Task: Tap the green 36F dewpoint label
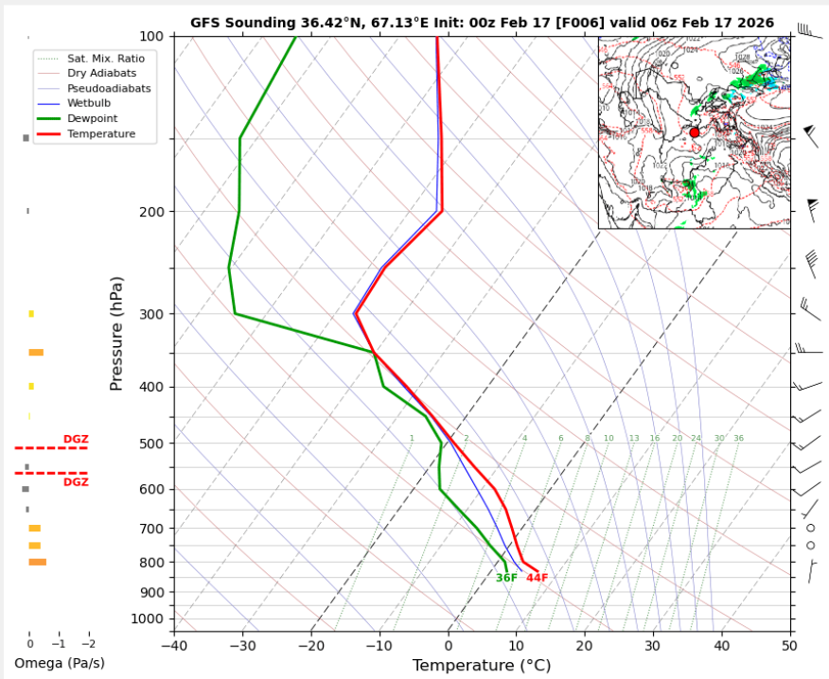coord(506,578)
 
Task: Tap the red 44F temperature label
coord(538,578)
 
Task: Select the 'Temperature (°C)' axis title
coord(481,666)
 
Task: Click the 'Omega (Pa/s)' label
coord(59,663)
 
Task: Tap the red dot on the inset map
coord(695,132)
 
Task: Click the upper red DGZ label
coord(76,439)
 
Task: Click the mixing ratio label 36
coord(738,439)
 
